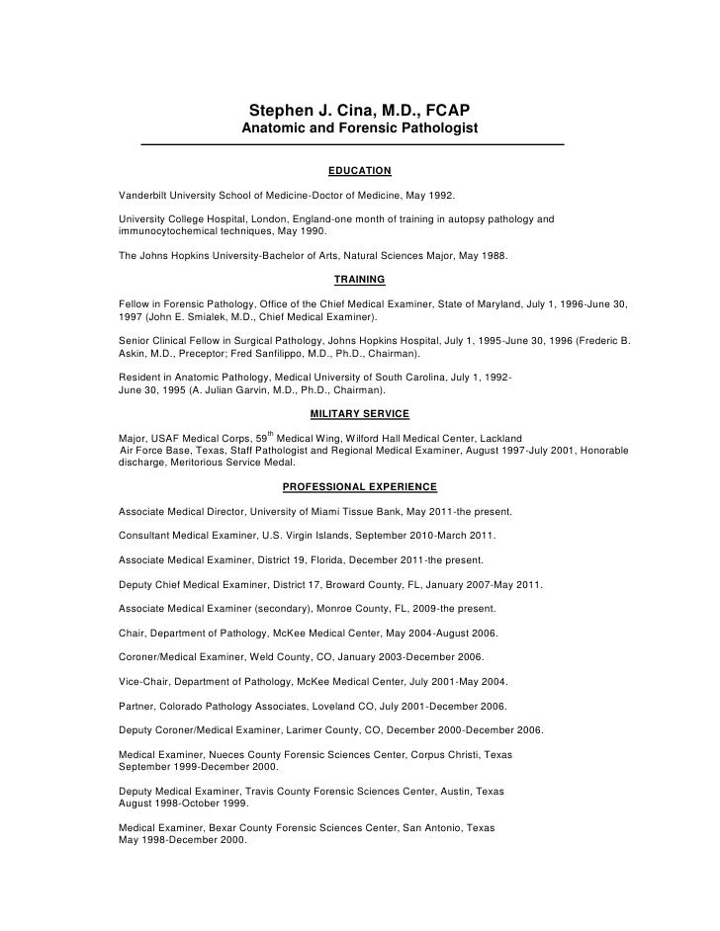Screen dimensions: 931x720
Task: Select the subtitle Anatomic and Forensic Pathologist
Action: point(359,129)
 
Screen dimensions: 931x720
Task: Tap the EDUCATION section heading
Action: point(359,171)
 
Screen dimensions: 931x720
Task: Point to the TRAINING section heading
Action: point(359,280)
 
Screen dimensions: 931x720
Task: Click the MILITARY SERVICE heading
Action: point(359,412)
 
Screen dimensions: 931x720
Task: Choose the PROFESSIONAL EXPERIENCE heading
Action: point(359,486)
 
